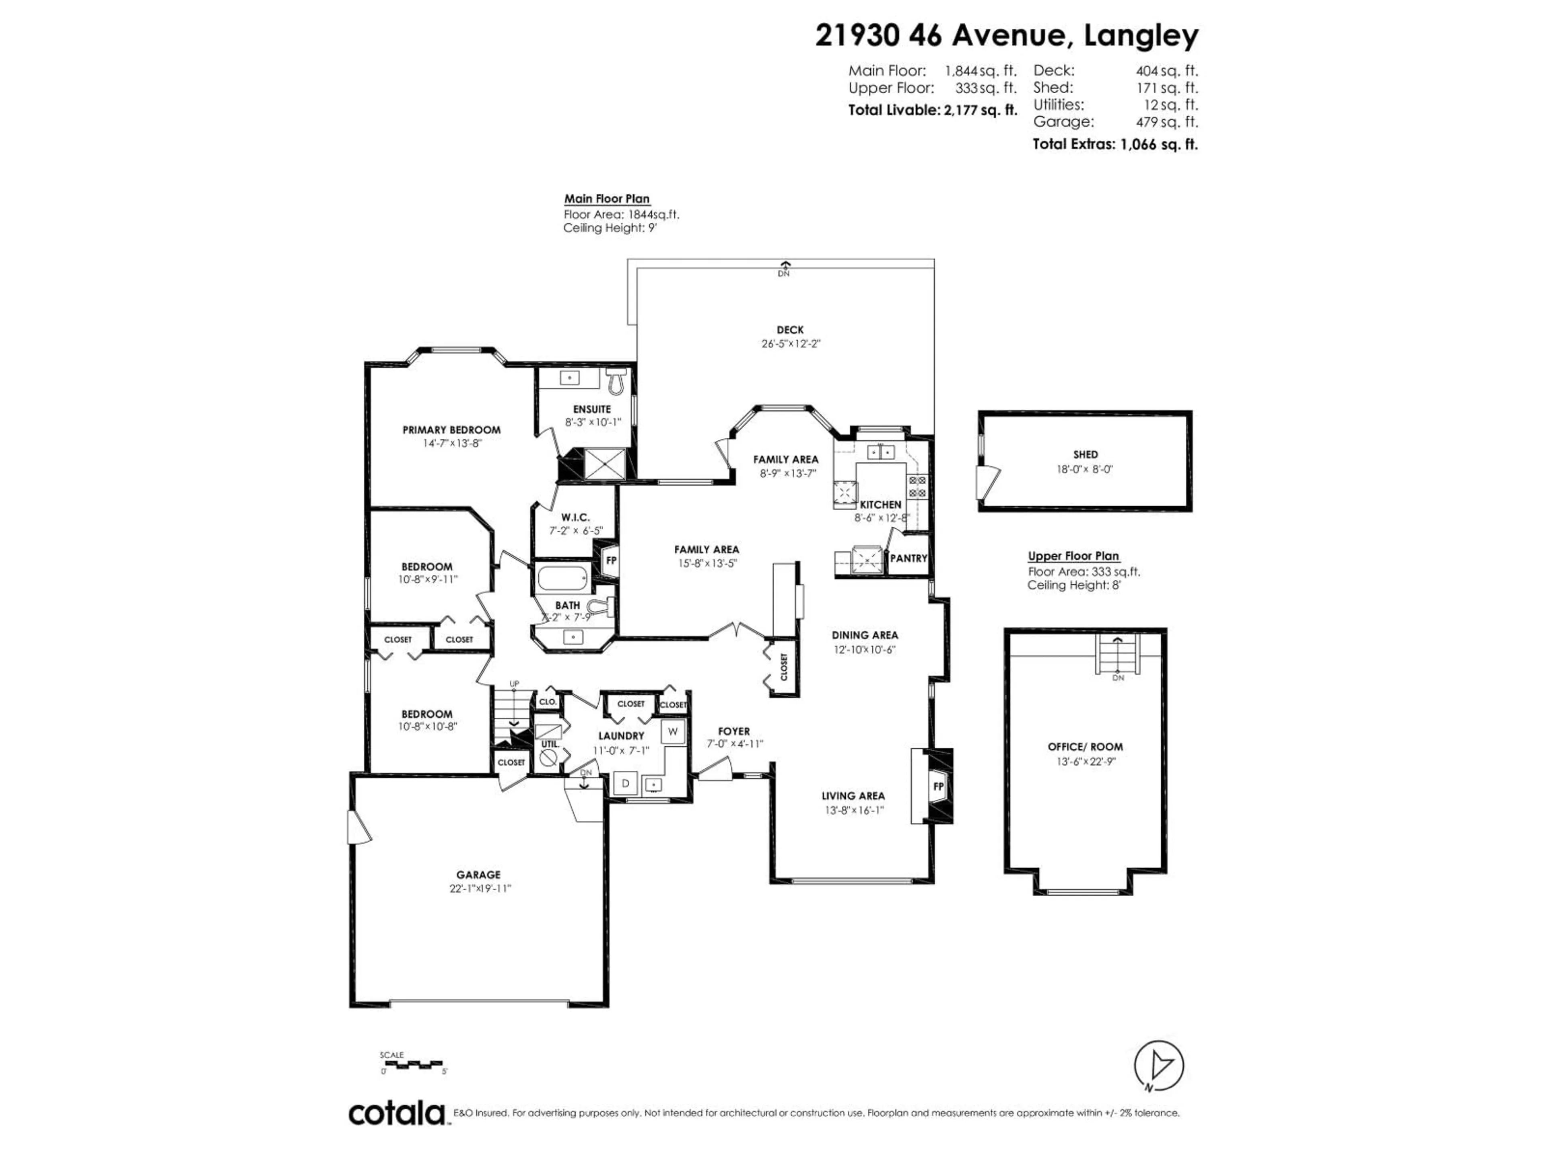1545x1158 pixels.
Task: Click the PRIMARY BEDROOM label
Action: (451, 430)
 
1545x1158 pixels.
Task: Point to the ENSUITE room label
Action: (591, 409)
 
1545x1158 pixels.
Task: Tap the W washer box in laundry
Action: (673, 731)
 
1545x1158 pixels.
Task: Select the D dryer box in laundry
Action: (626, 783)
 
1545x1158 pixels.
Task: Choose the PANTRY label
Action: (908, 558)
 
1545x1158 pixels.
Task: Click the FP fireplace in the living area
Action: (938, 786)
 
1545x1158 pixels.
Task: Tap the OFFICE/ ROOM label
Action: (1085, 747)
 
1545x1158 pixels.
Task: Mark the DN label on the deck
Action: (784, 274)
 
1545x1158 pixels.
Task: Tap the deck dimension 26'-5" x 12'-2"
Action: (790, 343)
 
